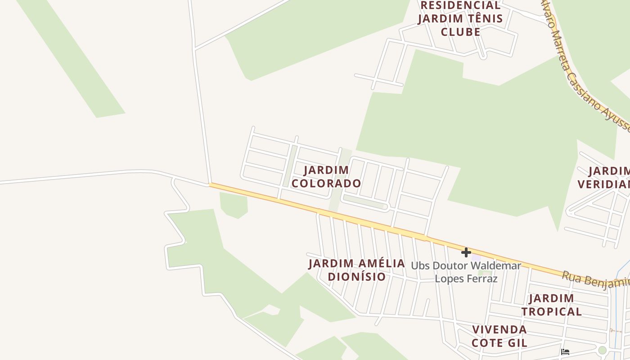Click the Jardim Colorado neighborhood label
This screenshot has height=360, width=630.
click(326, 177)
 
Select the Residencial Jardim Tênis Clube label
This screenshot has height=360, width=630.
click(460, 18)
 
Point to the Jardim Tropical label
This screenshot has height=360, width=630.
click(551, 305)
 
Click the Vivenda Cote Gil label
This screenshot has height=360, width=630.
click(499, 336)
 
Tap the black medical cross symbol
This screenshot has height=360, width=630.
click(466, 252)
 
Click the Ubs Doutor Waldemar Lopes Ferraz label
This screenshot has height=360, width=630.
click(466, 272)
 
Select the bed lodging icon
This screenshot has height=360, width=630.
click(566, 351)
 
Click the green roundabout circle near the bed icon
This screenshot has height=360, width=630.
click(603, 350)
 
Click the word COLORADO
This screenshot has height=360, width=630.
click(326, 184)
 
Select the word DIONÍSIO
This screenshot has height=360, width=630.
click(357, 277)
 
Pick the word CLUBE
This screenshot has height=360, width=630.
click(460, 32)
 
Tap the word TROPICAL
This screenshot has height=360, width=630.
click(551, 311)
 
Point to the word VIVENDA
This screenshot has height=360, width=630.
click(499, 329)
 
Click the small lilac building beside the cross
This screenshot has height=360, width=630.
click(476, 256)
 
